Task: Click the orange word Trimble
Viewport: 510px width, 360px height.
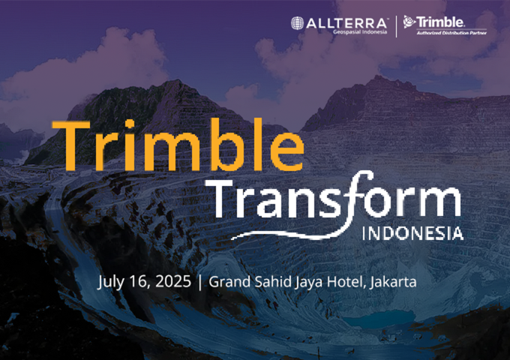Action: (178, 145)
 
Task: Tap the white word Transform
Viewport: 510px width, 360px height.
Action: (337, 198)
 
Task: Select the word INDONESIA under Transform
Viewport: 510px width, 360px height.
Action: (413, 233)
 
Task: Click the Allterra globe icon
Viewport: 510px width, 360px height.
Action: (297, 23)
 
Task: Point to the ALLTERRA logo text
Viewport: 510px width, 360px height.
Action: (346, 23)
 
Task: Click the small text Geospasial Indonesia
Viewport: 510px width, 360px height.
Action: (360, 31)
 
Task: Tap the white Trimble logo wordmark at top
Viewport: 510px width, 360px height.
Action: (440, 22)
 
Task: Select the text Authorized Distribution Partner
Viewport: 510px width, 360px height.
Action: (451, 33)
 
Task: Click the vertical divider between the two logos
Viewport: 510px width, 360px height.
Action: (396, 26)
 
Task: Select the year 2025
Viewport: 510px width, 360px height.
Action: (173, 281)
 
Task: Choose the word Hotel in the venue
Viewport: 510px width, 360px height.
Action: (346, 282)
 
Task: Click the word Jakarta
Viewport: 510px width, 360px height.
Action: (393, 282)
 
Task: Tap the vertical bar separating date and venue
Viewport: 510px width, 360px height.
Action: (199, 282)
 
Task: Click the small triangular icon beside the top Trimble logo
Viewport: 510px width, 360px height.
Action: (409, 22)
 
